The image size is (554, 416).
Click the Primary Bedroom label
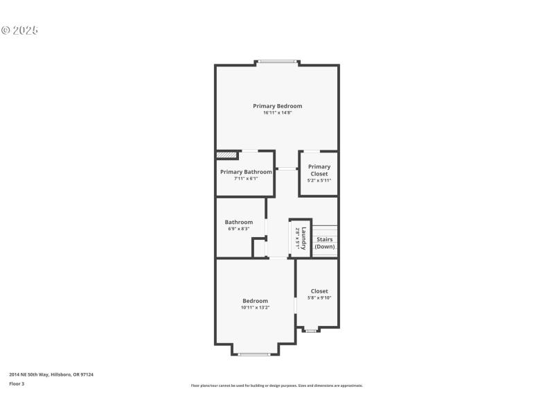pyautogui.click(x=277, y=106)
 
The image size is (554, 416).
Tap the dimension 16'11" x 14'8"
pyautogui.click(x=277, y=113)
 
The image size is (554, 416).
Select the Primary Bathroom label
pyautogui.click(x=246, y=172)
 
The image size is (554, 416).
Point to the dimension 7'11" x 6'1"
pyautogui.click(x=246, y=179)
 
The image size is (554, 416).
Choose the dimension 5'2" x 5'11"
pyautogui.click(x=319, y=180)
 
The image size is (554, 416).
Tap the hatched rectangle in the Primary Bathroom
pyautogui.click(x=226, y=155)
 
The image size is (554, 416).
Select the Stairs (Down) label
pyautogui.click(x=324, y=243)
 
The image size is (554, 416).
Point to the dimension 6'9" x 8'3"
pyautogui.click(x=238, y=229)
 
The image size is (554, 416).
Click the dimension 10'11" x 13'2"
pyautogui.click(x=255, y=307)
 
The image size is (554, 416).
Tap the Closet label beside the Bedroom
pyautogui.click(x=319, y=291)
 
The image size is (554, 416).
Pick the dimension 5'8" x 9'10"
pyautogui.click(x=319, y=298)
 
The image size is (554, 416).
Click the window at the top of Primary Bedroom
pyautogui.click(x=278, y=62)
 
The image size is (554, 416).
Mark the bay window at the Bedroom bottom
pyautogui.click(x=254, y=354)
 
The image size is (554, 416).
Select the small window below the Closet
pyautogui.click(x=311, y=331)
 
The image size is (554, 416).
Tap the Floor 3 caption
pyautogui.click(x=17, y=383)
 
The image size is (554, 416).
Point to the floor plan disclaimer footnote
pyautogui.click(x=277, y=385)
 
